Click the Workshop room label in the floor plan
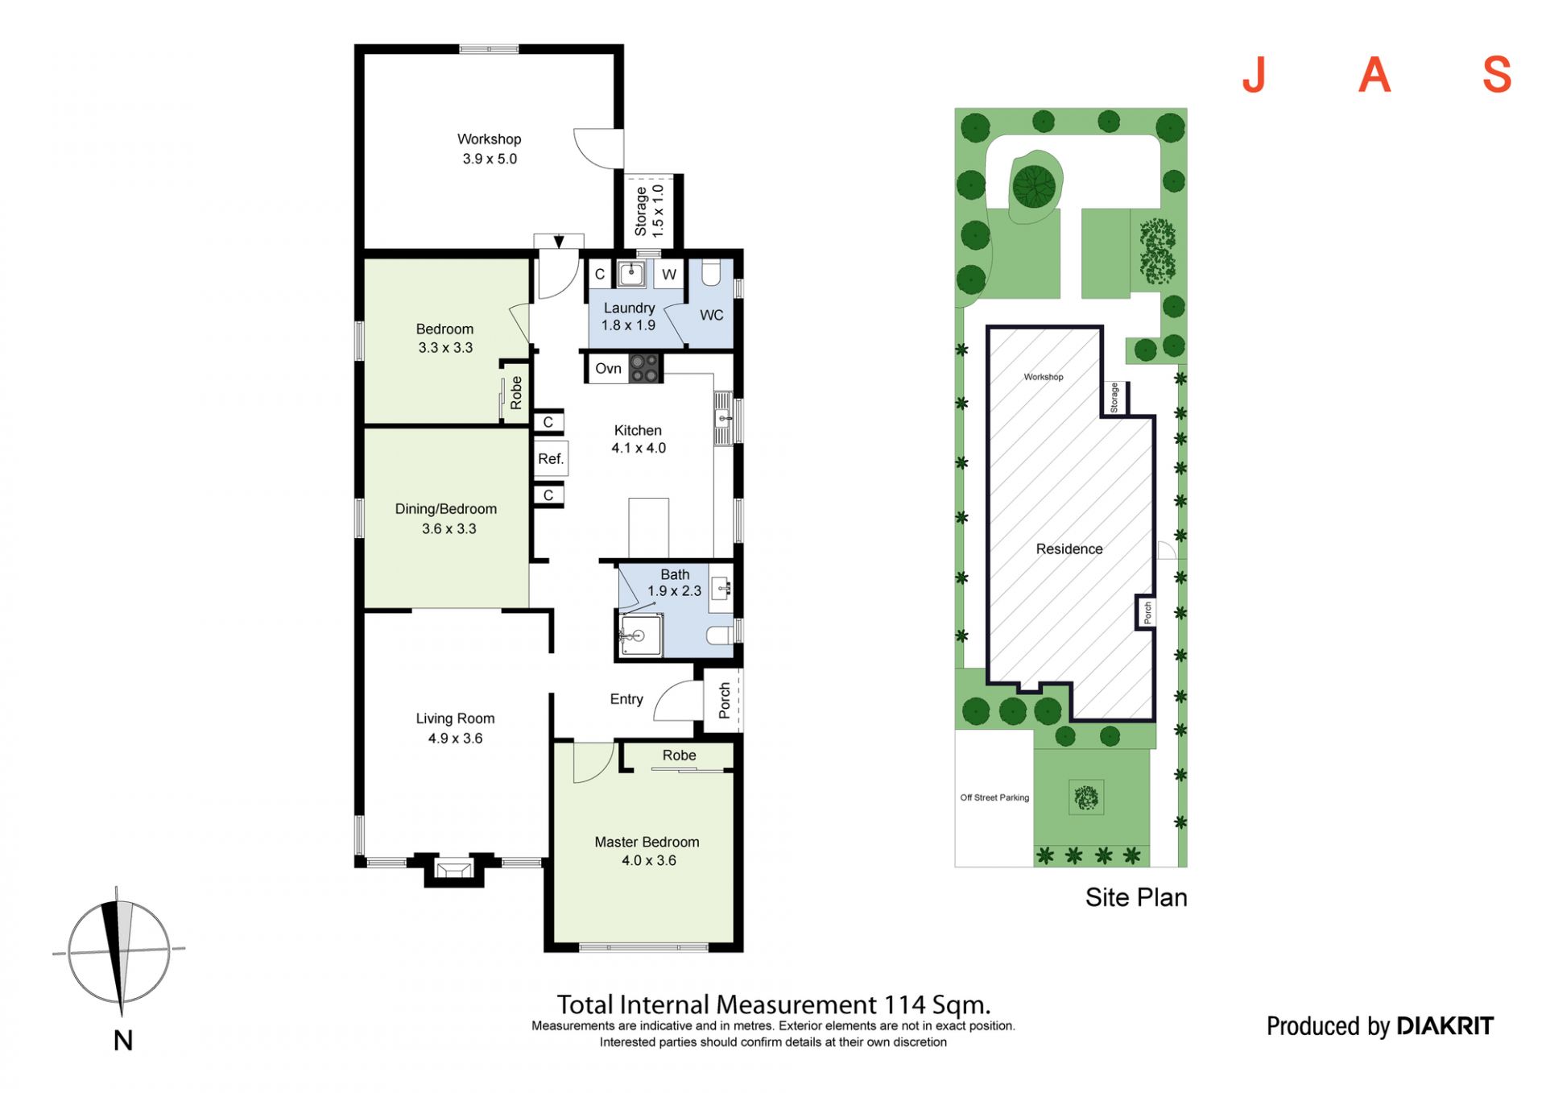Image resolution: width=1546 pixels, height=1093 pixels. [489, 139]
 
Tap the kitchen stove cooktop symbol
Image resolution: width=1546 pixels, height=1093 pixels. [644, 368]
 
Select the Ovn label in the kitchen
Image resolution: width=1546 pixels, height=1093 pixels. [608, 369]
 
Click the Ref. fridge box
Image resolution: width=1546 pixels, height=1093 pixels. [551, 459]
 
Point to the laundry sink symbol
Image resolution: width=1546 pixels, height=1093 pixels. [632, 273]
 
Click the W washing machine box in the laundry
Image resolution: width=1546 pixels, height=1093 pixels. [669, 274]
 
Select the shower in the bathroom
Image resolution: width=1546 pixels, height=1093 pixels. [641, 636]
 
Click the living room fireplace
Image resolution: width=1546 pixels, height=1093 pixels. [454, 870]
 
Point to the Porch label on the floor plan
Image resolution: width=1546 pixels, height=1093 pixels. [725, 700]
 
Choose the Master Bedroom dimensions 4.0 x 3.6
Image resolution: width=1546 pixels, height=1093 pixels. [648, 861]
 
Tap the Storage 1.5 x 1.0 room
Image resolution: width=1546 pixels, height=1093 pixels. [649, 211]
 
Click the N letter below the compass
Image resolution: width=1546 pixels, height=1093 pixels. [123, 1041]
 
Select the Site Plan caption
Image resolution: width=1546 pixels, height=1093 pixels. [1136, 897]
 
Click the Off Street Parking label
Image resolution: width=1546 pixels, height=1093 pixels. [994, 797]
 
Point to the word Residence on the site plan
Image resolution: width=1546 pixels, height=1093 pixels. [1069, 549]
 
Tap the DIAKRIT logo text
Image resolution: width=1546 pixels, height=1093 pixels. [1445, 1026]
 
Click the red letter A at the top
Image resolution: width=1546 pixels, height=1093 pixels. [1374, 76]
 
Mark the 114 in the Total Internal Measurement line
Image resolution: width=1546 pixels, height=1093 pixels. [904, 1004]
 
